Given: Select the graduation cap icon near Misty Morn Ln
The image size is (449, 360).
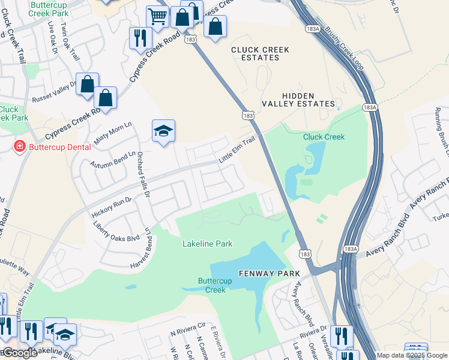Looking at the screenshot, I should point(163,130).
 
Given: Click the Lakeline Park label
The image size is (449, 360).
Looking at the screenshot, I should point(207,244).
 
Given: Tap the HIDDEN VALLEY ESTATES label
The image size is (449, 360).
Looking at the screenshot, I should point(298,100).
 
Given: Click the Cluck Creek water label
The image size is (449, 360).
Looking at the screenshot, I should point(324,137).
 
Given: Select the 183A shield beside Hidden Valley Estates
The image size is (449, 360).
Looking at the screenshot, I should point(370,107).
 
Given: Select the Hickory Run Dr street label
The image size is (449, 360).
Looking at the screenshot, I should point(111,206).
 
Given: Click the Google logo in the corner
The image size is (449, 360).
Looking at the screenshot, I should point(19,353).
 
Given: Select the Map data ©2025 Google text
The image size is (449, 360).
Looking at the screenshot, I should point(412,355).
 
